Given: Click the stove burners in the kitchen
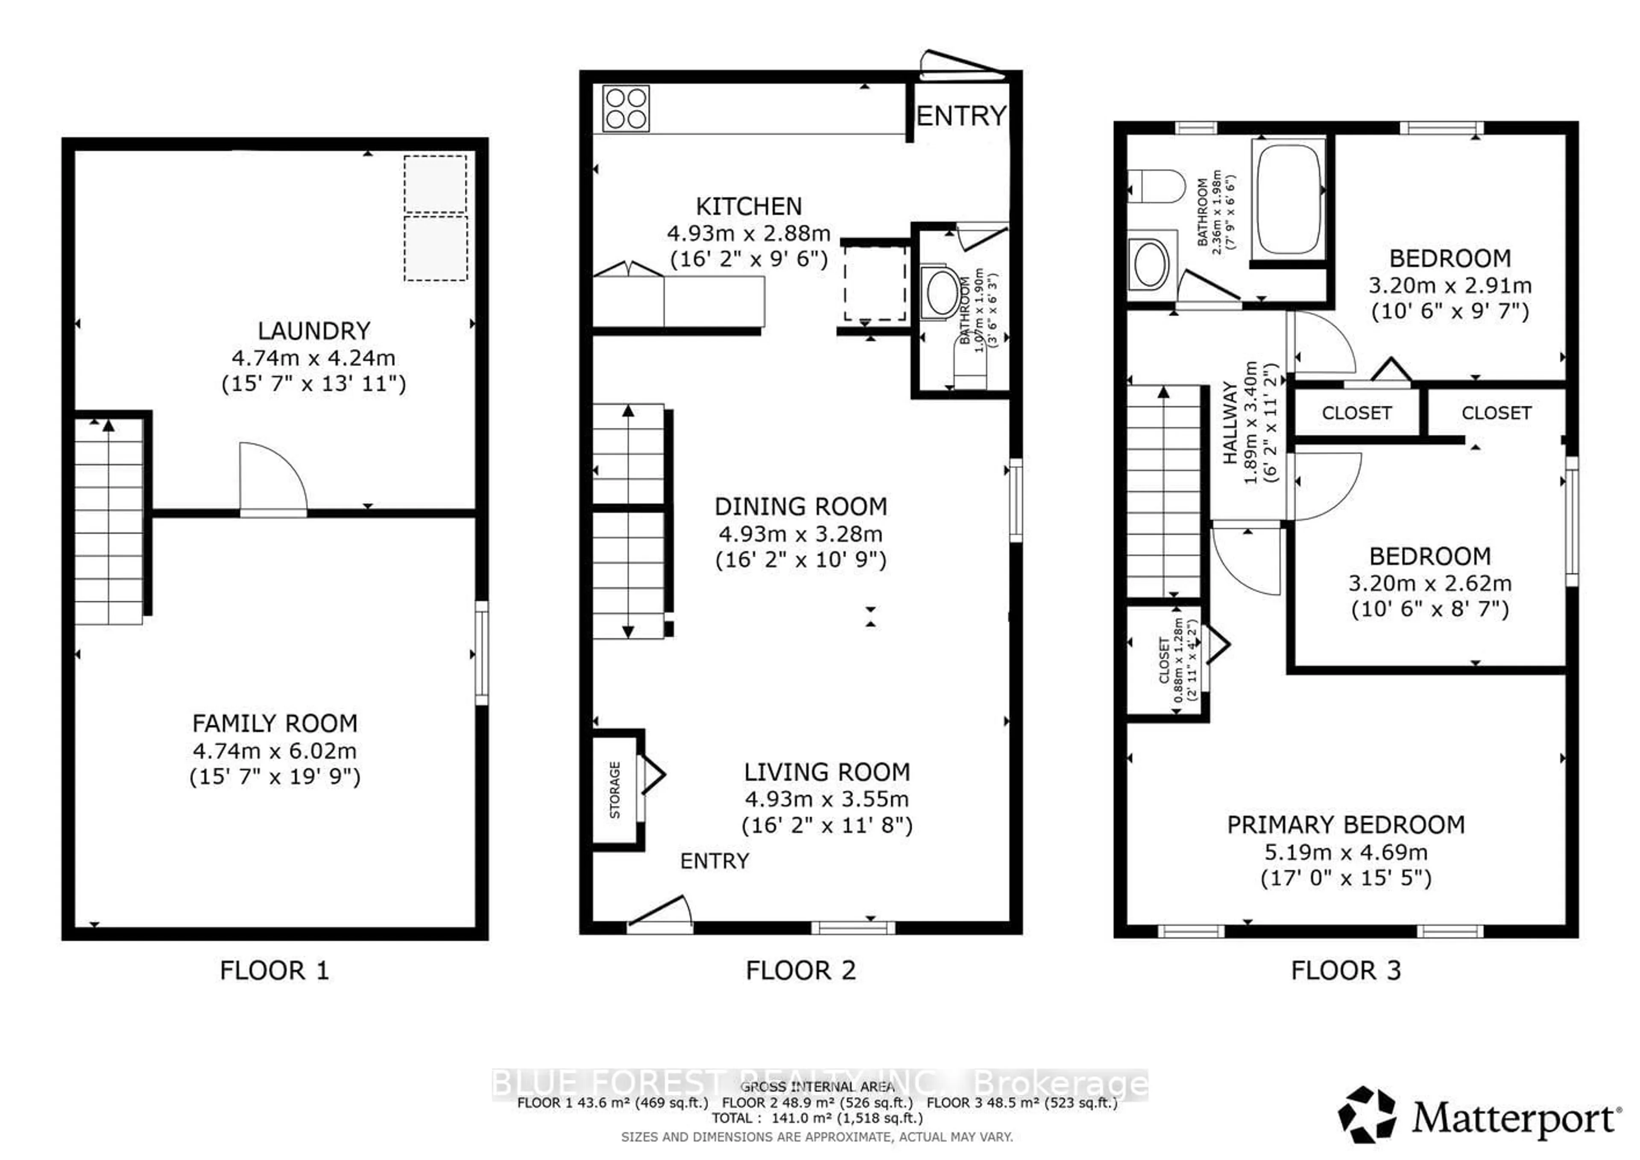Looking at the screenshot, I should pyautogui.click(x=626, y=108).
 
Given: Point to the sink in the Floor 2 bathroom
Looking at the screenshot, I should pyautogui.click(x=941, y=291).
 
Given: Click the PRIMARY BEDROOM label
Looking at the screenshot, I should pyautogui.click(x=1346, y=825).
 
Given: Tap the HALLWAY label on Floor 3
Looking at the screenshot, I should pyautogui.click(x=1230, y=423).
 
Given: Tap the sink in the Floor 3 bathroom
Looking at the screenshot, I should pyautogui.click(x=1150, y=264).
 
